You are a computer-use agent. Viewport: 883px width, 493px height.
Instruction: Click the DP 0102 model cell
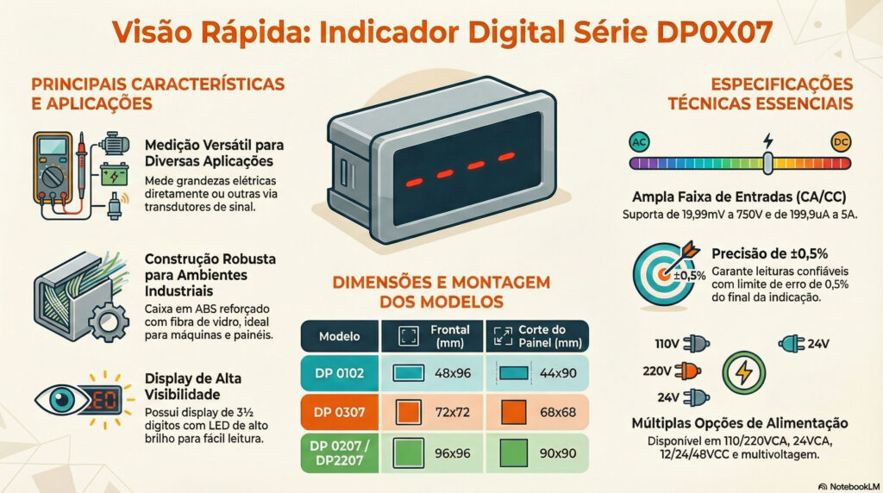(x=338, y=372)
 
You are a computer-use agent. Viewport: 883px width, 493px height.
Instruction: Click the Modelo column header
(x=339, y=335)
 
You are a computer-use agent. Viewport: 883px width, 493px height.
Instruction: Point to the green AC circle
(x=639, y=141)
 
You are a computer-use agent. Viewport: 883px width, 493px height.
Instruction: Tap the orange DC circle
(x=841, y=141)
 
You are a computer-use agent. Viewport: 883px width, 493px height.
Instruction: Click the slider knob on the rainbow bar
(x=767, y=161)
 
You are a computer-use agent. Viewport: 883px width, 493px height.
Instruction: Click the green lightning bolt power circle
(x=743, y=373)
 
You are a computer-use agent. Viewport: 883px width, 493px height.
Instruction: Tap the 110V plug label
(x=667, y=344)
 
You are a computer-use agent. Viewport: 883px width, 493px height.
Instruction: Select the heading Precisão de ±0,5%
(x=770, y=253)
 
